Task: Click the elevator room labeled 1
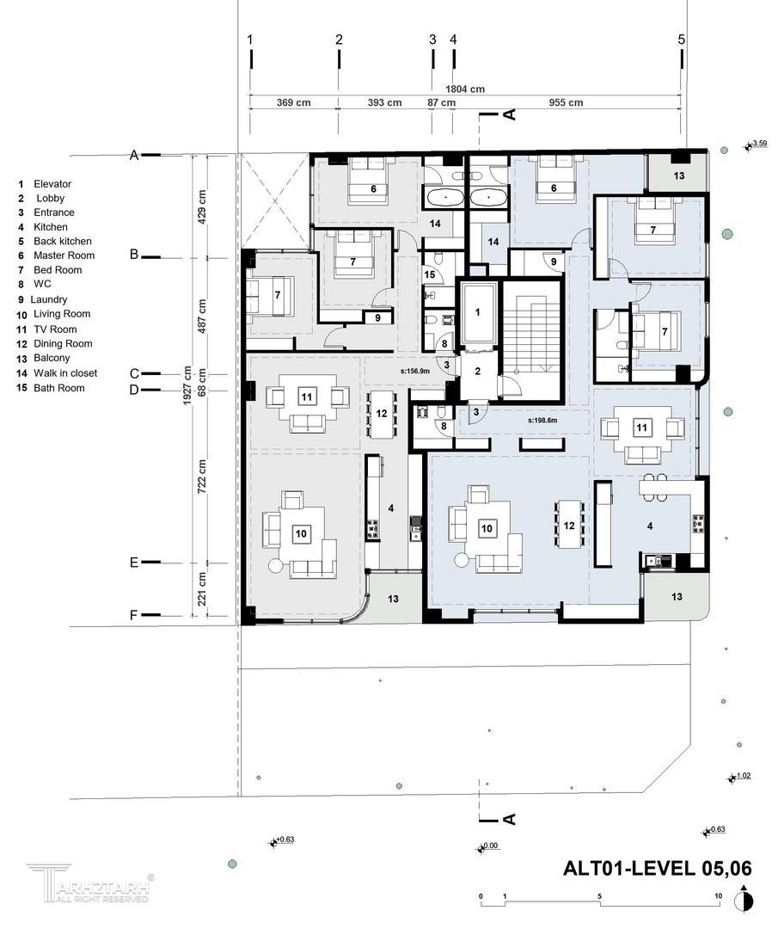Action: [x=478, y=313]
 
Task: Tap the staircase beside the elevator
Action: [x=531, y=340]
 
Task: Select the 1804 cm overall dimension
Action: [x=465, y=89]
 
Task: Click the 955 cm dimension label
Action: [x=566, y=102]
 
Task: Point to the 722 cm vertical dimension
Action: [x=202, y=477]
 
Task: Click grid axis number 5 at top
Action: [x=682, y=39]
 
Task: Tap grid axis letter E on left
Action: [x=134, y=563]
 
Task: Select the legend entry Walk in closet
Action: [x=57, y=373]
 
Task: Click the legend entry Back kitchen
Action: [x=54, y=241]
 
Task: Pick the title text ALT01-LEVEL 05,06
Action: [x=657, y=869]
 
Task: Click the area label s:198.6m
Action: [x=543, y=421]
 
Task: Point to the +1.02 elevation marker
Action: [x=739, y=777]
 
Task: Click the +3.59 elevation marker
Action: [x=757, y=144]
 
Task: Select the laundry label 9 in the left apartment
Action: [x=377, y=318]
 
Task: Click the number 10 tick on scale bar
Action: [x=718, y=895]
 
